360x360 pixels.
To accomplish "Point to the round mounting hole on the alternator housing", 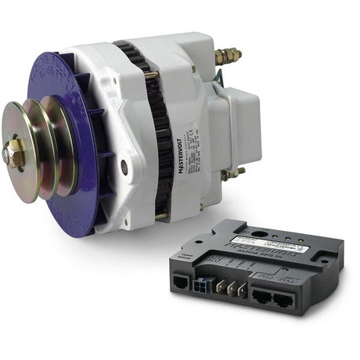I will (x=124, y=166).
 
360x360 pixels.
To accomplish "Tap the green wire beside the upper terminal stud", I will (x=220, y=77).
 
